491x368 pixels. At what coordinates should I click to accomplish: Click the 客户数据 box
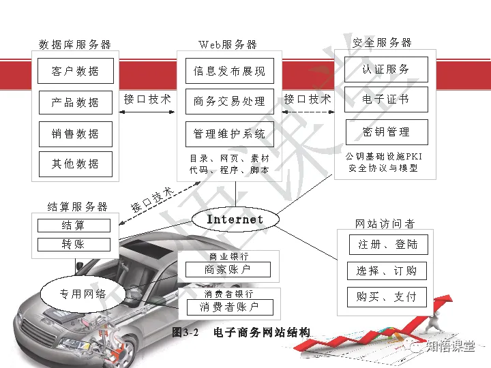75,71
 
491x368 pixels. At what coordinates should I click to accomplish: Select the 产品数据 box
75,102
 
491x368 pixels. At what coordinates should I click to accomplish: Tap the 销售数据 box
75,134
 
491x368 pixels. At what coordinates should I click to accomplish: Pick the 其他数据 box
75,164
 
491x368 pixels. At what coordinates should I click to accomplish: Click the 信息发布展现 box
229,71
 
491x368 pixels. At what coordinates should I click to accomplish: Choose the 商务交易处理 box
229,102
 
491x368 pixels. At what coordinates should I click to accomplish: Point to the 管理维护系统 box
229,134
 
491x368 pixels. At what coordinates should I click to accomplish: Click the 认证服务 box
386,70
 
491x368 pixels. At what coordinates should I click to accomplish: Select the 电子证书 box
386,99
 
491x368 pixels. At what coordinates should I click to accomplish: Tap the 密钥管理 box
386,132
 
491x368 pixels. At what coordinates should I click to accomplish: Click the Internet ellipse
235,219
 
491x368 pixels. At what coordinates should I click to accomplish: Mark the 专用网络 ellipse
83,294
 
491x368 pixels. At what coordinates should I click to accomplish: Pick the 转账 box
74,244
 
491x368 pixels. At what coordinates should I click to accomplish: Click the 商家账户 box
228,269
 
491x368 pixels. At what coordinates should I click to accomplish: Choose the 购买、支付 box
386,297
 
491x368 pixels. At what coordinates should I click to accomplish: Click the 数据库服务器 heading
75,45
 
